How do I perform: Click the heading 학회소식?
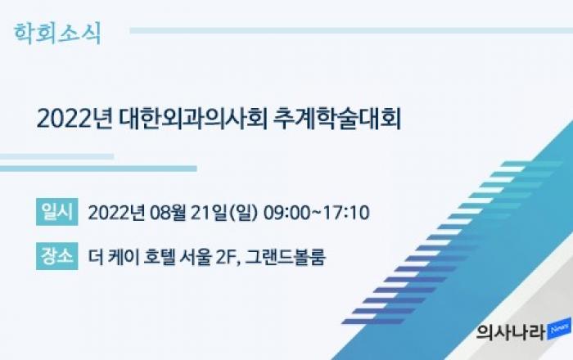click(57, 34)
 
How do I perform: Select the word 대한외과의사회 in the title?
click(193, 119)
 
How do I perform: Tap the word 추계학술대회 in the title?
click(337, 119)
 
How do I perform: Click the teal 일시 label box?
click(57, 212)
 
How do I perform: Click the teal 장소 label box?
click(57, 255)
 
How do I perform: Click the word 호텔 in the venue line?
click(160, 257)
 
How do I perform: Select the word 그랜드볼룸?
click(285, 257)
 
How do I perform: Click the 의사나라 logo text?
click(511, 332)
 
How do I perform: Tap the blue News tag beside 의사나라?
click(559, 329)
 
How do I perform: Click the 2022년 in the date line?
click(116, 213)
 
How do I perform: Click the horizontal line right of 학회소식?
click(351, 30)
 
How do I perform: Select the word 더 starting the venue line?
click(96, 257)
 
